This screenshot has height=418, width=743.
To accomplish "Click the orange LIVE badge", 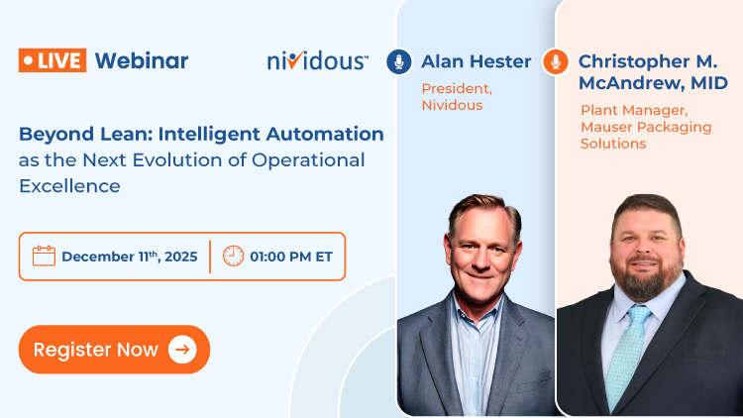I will tap(53, 60).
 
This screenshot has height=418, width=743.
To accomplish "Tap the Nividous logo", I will tap(317, 61).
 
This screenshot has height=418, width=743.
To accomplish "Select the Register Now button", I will tap(114, 349).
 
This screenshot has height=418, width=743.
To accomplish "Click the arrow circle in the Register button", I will tap(182, 349).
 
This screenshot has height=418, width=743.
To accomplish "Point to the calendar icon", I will tap(44, 257).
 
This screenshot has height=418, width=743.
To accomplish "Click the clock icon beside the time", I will tap(233, 257).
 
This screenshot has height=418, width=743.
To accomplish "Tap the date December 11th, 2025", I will tap(129, 257).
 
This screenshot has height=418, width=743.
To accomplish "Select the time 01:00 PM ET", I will tap(292, 257).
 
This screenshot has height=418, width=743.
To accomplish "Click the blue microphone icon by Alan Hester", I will tap(399, 61).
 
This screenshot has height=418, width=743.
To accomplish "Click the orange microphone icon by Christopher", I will tap(556, 61).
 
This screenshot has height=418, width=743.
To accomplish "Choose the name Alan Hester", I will tap(476, 61).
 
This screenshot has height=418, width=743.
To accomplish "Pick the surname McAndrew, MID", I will tap(653, 83).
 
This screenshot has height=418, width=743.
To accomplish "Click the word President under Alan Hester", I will tap(457, 89).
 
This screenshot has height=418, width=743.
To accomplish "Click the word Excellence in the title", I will tap(69, 185).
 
